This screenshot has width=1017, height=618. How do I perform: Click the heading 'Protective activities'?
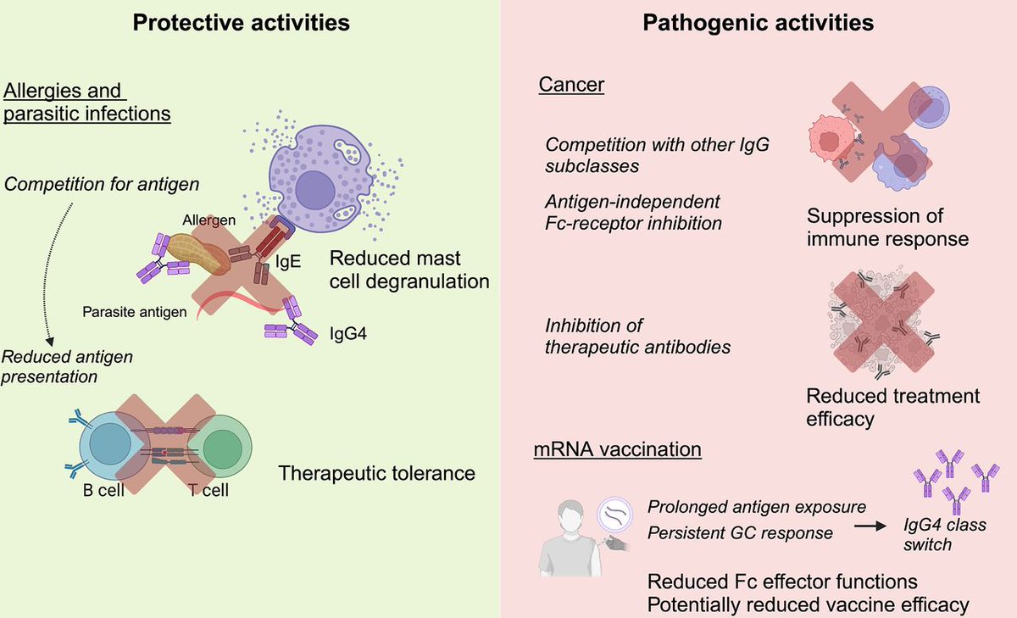coord(242,23)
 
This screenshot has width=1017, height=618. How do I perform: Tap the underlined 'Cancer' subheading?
coord(571,86)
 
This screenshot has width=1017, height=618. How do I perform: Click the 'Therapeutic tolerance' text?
coord(377,472)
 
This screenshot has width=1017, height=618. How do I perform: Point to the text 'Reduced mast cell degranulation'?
coord(409,270)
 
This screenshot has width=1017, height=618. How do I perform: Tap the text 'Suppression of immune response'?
coord(887,227)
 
